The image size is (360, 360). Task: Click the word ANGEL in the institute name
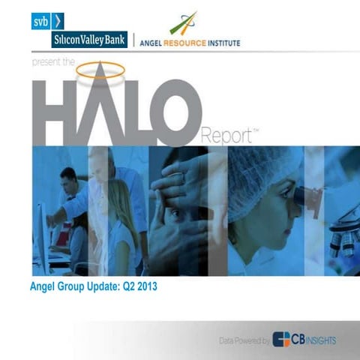[155, 43]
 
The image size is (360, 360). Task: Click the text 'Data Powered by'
[244, 340]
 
